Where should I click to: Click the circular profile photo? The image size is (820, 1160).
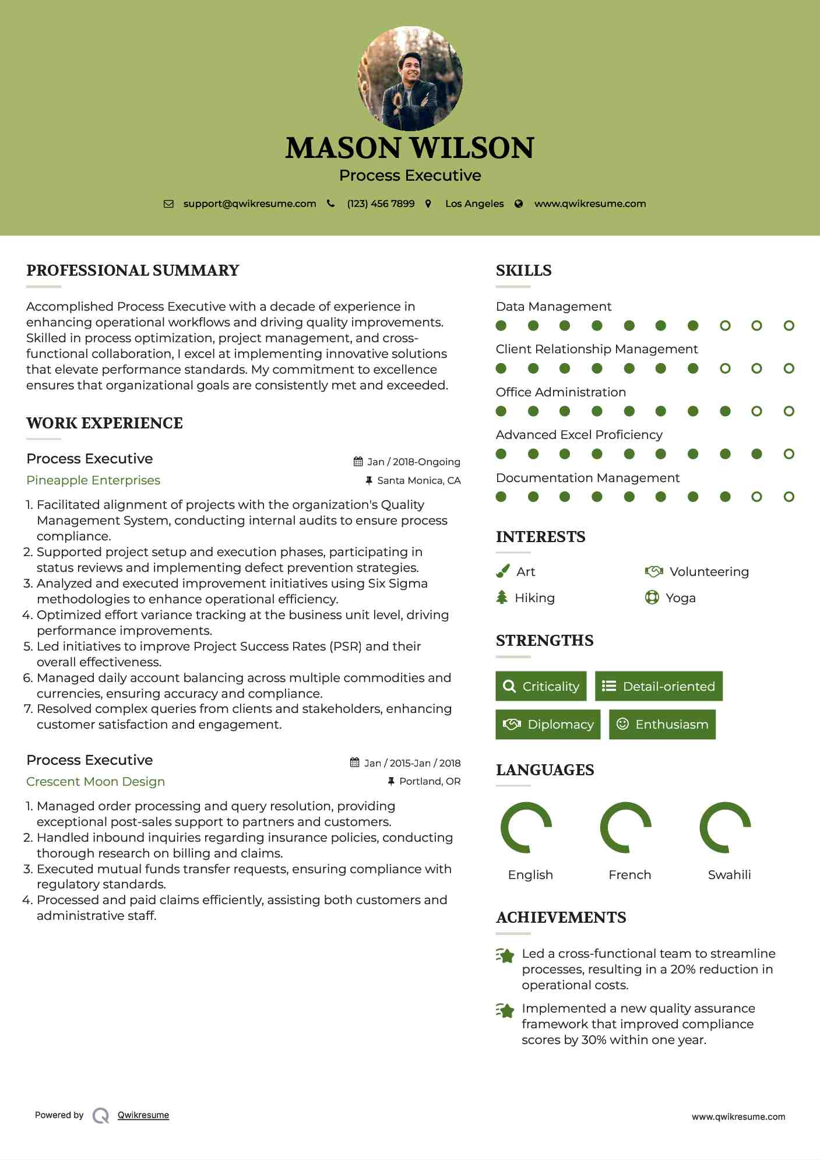click(410, 78)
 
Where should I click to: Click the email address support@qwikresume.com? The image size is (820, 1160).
click(249, 203)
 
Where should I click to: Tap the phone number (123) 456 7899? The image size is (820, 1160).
click(381, 203)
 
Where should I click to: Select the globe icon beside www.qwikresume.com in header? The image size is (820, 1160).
click(519, 204)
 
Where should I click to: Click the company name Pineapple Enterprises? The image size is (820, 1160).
click(93, 480)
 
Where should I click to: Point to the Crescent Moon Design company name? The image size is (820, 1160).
click(96, 782)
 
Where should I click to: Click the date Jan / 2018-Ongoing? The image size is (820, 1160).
click(413, 462)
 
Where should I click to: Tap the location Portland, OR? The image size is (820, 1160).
click(430, 781)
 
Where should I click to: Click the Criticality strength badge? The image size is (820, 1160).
click(541, 686)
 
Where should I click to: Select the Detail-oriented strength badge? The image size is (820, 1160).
click(659, 686)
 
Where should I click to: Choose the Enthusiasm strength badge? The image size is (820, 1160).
click(662, 724)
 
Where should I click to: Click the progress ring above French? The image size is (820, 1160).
click(625, 827)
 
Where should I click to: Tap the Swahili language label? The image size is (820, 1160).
click(729, 875)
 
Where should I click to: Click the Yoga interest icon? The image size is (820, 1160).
click(652, 597)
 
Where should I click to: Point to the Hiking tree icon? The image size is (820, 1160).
click(502, 597)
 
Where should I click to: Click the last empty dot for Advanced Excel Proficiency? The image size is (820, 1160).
click(789, 454)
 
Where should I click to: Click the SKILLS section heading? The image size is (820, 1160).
click(523, 270)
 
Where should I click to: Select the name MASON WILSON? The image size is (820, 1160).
click(410, 148)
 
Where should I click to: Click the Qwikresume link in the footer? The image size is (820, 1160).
click(143, 1115)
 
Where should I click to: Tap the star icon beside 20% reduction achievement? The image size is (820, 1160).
click(505, 955)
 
